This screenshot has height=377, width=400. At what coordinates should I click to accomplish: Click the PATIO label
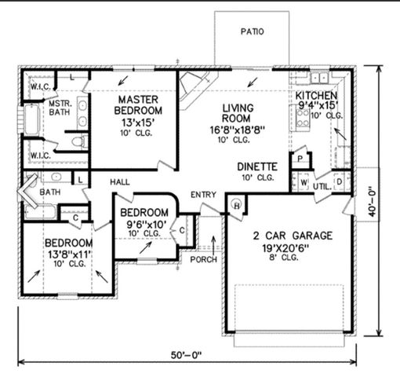[252, 32]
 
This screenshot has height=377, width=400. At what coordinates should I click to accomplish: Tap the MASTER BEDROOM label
[140, 106]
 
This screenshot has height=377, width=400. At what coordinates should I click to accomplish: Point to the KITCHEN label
[318, 96]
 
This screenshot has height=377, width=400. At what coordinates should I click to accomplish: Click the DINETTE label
[257, 167]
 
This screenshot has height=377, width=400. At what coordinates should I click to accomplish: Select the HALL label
[120, 182]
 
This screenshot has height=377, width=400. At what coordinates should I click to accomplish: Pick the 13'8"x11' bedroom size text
[69, 253]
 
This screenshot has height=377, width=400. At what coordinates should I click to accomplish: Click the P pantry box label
[300, 158]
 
